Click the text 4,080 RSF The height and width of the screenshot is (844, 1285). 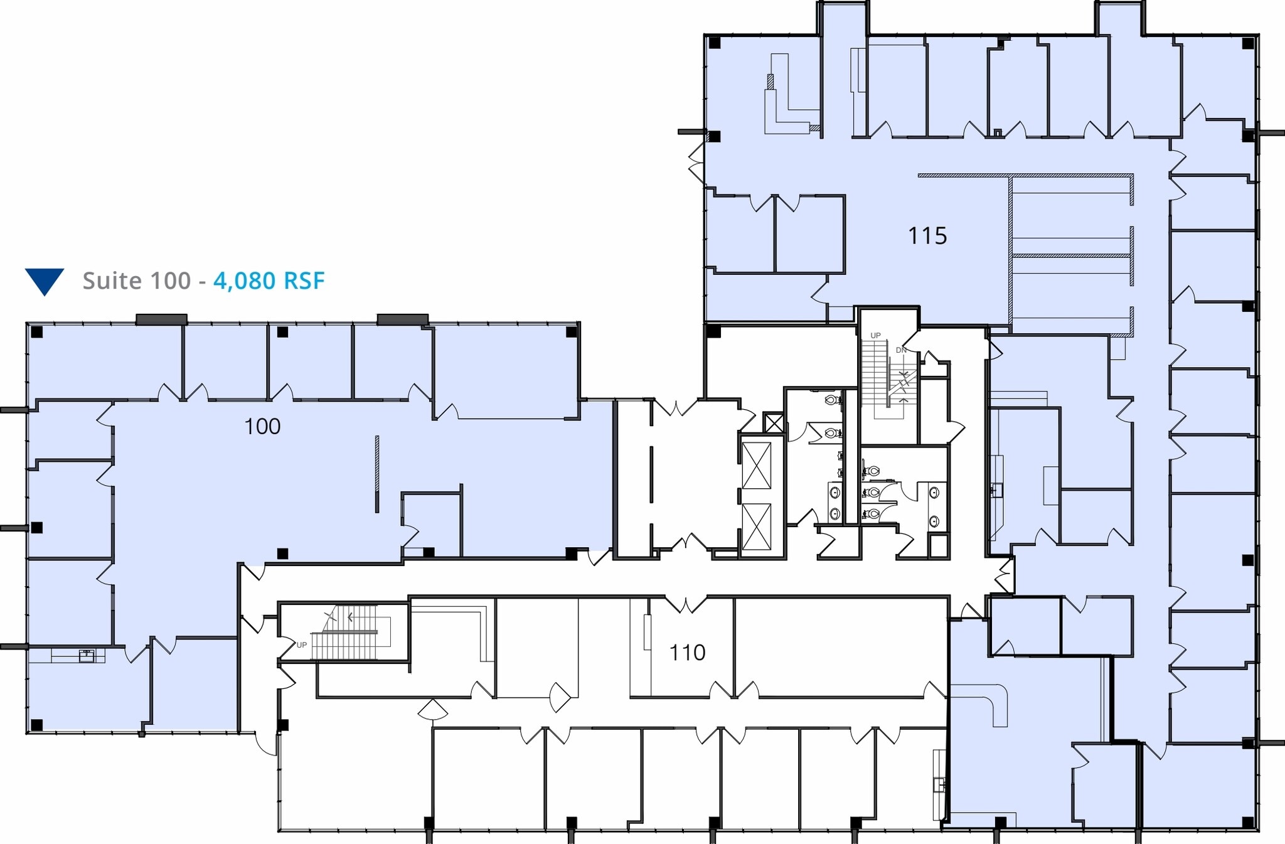(269, 280)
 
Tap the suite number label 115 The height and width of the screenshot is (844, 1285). (927, 236)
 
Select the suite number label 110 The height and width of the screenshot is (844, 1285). (687, 653)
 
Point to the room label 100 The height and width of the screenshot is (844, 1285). (262, 427)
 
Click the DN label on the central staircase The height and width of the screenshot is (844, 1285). (900, 350)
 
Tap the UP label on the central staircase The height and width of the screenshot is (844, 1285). (875, 336)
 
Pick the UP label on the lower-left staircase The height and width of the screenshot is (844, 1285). (301, 645)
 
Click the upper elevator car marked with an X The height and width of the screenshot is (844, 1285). (756, 465)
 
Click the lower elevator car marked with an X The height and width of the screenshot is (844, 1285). (756, 526)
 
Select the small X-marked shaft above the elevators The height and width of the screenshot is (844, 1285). (774, 423)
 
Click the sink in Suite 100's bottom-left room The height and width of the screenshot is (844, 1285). (86, 656)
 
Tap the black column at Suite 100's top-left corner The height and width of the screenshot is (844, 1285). (37, 332)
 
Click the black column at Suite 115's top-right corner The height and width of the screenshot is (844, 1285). (1248, 43)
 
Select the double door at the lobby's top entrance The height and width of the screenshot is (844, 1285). (679, 407)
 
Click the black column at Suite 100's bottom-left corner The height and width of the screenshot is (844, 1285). (37, 725)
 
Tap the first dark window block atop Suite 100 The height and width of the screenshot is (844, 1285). (161, 319)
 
